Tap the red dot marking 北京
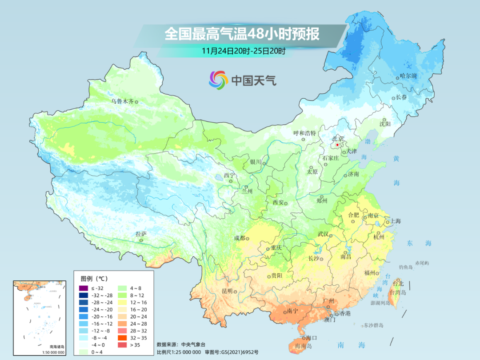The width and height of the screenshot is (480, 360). click(x=337, y=145)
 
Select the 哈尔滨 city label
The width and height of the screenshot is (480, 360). click(x=408, y=76)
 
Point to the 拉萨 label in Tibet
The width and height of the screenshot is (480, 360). click(x=141, y=234)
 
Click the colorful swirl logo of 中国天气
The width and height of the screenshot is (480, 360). click(x=218, y=80)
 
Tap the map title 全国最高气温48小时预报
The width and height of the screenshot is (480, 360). click(x=242, y=34)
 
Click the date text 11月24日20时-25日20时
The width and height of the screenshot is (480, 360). click(x=243, y=50)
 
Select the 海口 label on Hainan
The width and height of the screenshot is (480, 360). click(x=311, y=338)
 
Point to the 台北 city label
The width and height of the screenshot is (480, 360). click(x=398, y=283)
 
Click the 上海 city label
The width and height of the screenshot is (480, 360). click(x=395, y=221)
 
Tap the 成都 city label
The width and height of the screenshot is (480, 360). click(x=239, y=238)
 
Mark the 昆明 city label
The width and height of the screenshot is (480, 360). click(x=227, y=291)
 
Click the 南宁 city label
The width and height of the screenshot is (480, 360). click(x=292, y=311)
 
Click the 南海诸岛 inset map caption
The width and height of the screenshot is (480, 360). click(x=39, y=347)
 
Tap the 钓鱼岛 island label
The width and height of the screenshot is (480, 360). click(x=406, y=266)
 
